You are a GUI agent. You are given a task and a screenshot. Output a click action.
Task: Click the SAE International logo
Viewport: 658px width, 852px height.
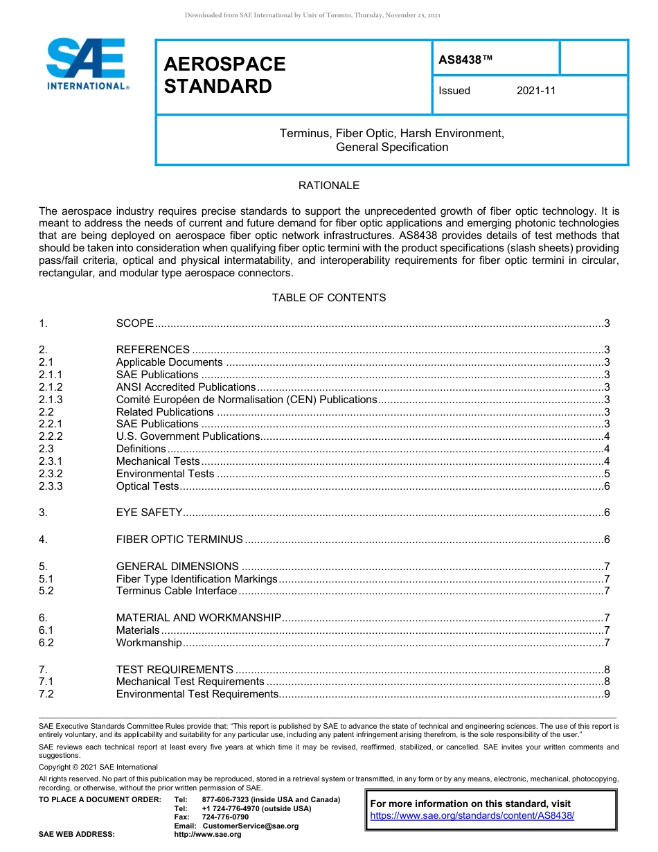[x=87, y=64]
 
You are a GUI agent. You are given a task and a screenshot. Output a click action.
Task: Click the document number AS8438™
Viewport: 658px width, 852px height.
[x=465, y=60]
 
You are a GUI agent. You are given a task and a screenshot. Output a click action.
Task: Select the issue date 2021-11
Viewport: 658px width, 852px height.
[x=535, y=91]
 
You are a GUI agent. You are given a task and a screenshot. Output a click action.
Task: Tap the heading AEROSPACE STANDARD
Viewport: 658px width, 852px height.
[x=224, y=75]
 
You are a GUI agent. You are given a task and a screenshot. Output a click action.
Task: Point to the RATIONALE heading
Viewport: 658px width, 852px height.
[x=328, y=186]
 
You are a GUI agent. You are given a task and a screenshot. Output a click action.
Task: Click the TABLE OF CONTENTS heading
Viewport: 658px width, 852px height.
[x=328, y=298]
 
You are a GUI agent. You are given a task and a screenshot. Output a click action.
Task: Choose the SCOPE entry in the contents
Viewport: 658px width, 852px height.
[x=135, y=323]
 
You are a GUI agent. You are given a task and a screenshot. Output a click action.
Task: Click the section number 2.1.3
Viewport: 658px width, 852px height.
[x=51, y=400]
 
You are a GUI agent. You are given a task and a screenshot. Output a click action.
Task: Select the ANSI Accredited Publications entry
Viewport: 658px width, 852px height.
[x=186, y=387]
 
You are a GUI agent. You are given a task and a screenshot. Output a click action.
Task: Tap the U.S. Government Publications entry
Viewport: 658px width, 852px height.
[x=188, y=436]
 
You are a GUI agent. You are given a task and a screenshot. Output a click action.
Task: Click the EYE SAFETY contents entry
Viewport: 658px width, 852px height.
[x=149, y=513]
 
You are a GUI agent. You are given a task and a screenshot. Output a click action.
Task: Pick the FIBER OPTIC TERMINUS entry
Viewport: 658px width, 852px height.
[x=179, y=540]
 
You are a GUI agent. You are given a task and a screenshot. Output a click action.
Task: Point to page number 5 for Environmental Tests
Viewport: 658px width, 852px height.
[x=607, y=474]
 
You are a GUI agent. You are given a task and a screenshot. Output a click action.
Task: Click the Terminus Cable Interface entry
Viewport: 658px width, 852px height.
[x=177, y=591]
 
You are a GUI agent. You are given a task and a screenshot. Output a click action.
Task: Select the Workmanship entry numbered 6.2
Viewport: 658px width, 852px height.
[x=149, y=643]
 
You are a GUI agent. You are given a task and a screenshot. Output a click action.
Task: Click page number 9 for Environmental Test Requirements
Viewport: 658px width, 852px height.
[x=607, y=694]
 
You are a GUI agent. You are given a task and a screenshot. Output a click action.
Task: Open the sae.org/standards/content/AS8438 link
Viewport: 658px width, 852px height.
[x=472, y=816]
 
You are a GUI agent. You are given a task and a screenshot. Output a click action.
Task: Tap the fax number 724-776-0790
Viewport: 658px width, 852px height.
[x=225, y=817]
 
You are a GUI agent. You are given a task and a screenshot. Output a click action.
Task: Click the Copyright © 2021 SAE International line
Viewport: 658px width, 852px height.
[x=98, y=767]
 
